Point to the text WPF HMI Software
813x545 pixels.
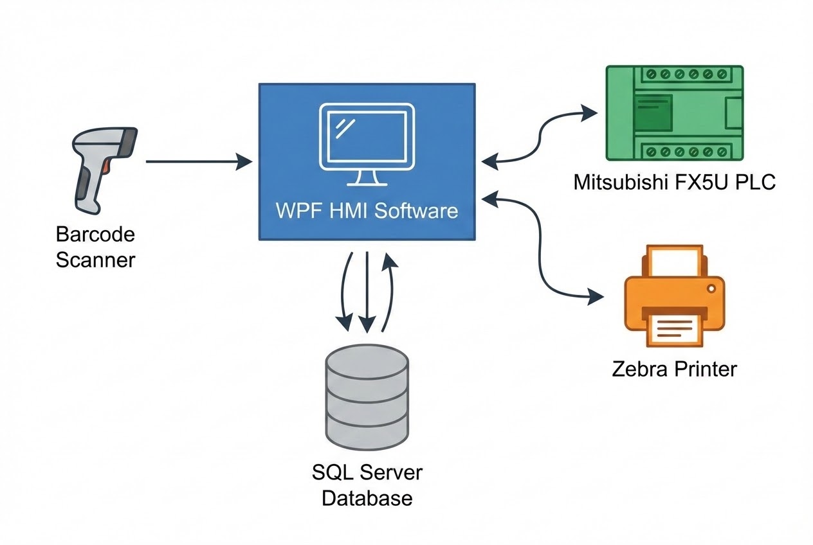367,211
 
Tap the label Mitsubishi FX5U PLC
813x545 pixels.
674,183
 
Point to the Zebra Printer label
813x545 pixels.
674,369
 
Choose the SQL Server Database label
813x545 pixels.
367,485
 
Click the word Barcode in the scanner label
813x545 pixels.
95,234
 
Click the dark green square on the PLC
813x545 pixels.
652,113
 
